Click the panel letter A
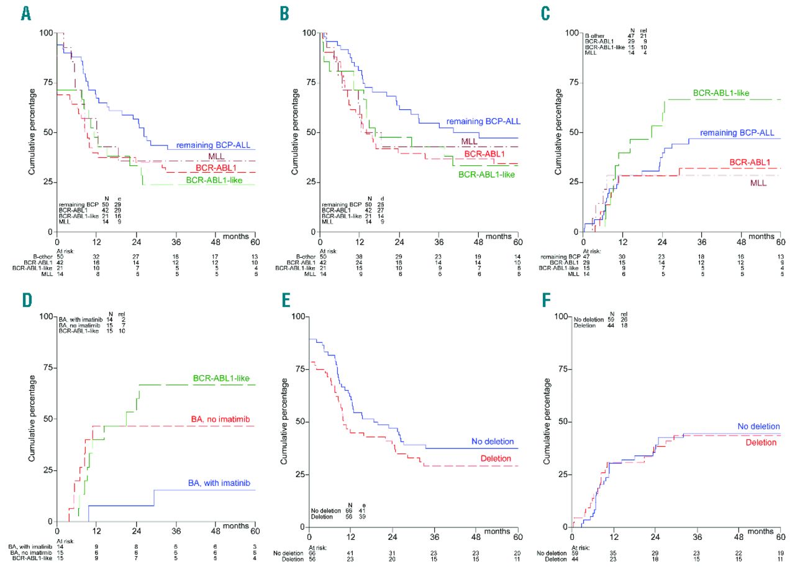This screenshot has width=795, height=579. point(26,14)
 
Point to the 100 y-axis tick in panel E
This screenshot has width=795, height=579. point(302,317)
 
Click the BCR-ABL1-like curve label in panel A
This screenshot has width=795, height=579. point(209,181)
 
